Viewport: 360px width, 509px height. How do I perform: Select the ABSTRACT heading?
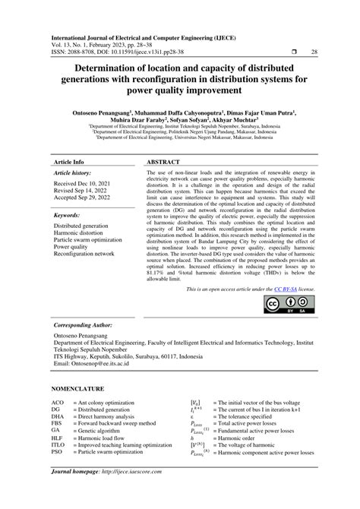[x=163, y=163]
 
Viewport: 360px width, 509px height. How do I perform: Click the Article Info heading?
[x=68, y=163]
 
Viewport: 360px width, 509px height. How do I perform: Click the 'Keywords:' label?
[x=67, y=216]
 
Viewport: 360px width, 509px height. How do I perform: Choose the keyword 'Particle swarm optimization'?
[x=90, y=239]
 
